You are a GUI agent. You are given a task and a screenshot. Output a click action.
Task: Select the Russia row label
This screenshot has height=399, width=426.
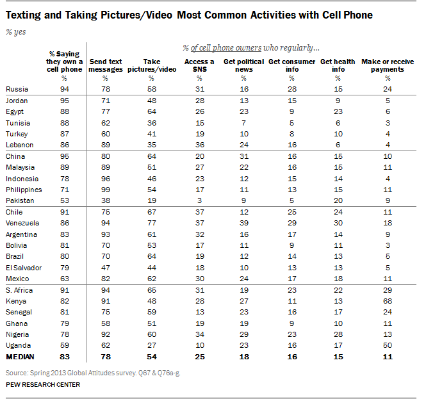16,89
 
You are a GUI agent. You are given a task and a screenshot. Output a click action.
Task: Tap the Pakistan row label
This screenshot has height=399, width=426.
19,200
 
